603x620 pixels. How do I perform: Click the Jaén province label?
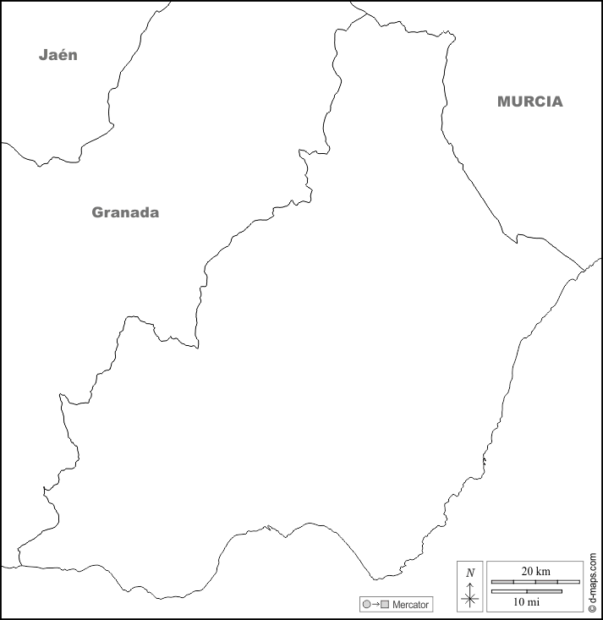pyautogui.click(x=58, y=55)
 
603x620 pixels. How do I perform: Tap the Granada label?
pyautogui.click(x=125, y=212)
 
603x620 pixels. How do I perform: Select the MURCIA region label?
pyautogui.click(x=529, y=102)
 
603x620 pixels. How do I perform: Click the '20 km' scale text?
pyautogui.click(x=535, y=572)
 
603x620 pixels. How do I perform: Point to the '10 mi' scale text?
pyautogui.click(x=526, y=601)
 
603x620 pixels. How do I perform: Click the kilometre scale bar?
pyautogui.click(x=535, y=582)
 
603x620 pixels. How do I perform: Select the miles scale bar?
pyautogui.click(x=526, y=591)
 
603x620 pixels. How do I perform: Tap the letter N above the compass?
pyautogui.click(x=470, y=572)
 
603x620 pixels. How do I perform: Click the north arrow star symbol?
pyautogui.click(x=470, y=599)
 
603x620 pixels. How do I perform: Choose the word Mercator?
pyautogui.click(x=411, y=605)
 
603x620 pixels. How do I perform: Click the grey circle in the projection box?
pyautogui.click(x=366, y=605)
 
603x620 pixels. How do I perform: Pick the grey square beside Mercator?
pyautogui.click(x=385, y=605)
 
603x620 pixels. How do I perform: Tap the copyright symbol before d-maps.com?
pyautogui.click(x=593, y=606)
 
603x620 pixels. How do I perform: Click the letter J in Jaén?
pyautogui.click(x=43, y=55)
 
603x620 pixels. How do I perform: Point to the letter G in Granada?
pyautogui.click(x=97, y=212)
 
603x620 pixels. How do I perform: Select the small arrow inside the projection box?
pyautogui.click(x=376, y=605)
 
